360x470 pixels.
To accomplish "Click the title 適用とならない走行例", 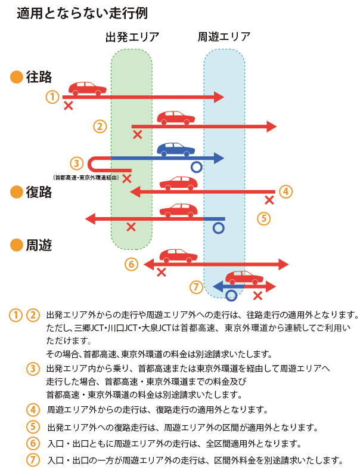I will (x=82, y=13).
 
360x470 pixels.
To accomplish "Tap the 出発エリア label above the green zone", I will (x=132, y=37).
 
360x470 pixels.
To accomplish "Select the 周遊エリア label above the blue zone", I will (x=224, y=37).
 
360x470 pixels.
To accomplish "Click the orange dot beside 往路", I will (x=17, y=77).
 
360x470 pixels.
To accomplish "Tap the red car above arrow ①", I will (x=88, y=88).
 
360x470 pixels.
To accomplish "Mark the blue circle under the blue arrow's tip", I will (x=196, y=168).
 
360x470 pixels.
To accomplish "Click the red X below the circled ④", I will (x=269, y=200).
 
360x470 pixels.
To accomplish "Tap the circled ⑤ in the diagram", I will (x=264, y=218).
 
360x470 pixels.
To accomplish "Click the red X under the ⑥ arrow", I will (x=161, y=273).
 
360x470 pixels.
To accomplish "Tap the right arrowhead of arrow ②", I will (x=272, y=126).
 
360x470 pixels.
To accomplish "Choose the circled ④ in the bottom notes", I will (x=33, y=410).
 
